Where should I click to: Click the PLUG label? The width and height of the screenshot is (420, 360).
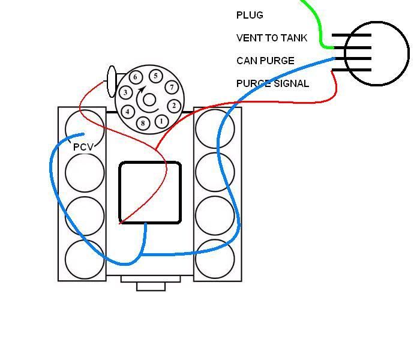click(250, 15)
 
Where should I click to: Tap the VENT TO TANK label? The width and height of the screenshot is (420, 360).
click(272, 38)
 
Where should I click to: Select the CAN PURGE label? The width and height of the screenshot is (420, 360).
click(265, 61)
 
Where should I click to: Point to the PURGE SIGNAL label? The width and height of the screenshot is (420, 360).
click(272, 83)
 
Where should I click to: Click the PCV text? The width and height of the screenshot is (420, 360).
click(83, 147)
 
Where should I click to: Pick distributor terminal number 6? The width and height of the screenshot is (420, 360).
click(136, 77)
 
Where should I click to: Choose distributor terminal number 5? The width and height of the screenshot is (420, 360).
click(155, 76)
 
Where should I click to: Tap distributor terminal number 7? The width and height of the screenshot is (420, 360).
click(172, 87)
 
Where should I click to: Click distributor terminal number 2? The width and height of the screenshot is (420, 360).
click(174, 106)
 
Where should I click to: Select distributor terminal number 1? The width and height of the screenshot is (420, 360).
click(161, 121)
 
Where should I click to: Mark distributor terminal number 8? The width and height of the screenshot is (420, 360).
click(143, 123)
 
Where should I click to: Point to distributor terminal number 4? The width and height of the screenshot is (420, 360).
click(127, 112)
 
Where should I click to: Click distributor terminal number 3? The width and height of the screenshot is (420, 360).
click(125, 92)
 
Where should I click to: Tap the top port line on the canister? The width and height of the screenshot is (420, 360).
click(352, 35)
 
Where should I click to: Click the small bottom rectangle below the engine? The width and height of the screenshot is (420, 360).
click(151, 286)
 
